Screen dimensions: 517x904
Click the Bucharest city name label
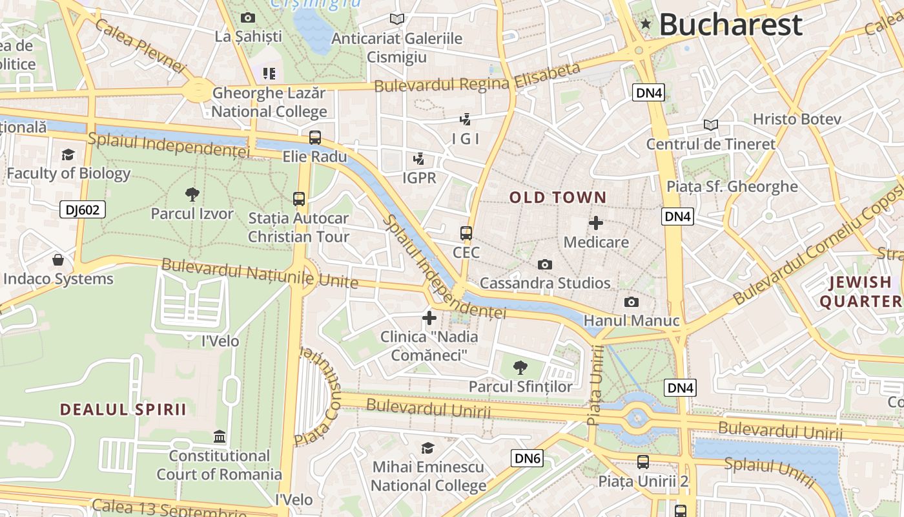730,25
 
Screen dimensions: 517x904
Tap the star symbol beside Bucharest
646,25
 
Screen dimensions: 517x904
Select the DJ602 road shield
82,209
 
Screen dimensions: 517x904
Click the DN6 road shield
527,458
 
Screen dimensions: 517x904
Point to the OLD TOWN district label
558,198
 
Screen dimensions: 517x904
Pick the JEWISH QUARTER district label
860,291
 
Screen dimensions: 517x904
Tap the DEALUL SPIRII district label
123,409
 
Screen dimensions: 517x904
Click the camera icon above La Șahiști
248,17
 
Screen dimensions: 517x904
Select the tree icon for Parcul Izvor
192,194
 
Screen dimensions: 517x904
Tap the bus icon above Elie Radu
314,137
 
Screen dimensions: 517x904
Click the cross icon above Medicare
596,224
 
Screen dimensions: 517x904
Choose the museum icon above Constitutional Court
219,437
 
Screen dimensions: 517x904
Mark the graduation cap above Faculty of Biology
68,154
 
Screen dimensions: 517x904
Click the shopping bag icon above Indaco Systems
58,260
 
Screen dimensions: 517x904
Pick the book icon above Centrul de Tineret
710,125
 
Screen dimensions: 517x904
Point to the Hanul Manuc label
632,321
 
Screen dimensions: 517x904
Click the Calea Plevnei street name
139,45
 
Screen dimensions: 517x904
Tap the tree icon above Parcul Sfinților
520,368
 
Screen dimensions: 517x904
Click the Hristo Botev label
797,119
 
